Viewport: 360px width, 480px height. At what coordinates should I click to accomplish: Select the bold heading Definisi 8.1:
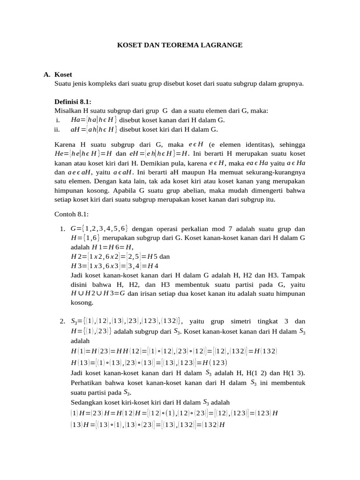tap(73, 102)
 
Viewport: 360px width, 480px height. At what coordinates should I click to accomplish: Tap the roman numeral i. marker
tap(58, 120)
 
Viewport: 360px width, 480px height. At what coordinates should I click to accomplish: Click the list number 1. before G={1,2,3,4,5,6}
tap(62, 229)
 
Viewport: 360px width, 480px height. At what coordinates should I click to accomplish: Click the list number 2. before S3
tap(62, 322)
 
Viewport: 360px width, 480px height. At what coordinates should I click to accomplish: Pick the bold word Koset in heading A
tap(63, 75)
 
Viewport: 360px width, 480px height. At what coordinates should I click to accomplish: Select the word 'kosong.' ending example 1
tap(82, 303)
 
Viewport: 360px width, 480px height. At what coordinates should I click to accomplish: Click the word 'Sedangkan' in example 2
tap(86, 402)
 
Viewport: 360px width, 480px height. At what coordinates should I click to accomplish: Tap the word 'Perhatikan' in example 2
tap(86, 383)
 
